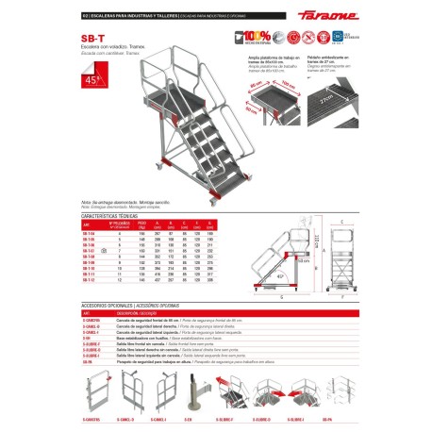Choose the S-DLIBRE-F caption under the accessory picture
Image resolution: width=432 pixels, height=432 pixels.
(x=224, y=417)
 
